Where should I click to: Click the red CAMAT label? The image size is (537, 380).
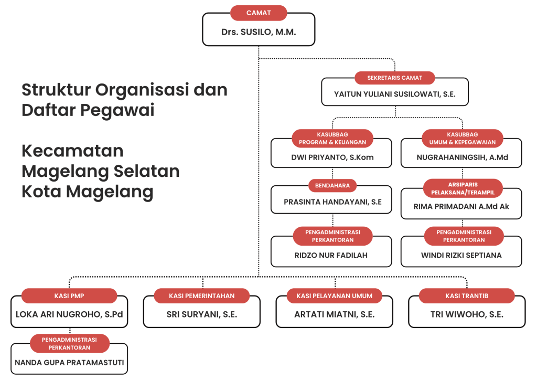tap(259, 13)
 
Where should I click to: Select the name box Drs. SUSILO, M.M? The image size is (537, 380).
tap(259, 32)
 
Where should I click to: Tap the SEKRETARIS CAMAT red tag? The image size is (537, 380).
tap(394, 78)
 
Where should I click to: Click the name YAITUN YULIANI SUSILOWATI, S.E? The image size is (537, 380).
tap(394, 94)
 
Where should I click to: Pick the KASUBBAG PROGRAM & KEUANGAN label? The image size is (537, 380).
tap(331, 139)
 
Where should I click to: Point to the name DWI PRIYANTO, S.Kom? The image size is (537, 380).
tap(332, 157)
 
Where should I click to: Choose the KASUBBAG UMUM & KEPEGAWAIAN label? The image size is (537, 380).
tap(462, 139)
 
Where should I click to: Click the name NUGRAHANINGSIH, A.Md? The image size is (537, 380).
tap(462, 157)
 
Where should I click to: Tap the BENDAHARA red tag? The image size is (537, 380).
tap(332, 185)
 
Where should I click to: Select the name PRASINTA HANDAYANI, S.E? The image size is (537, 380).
tap(332, 202)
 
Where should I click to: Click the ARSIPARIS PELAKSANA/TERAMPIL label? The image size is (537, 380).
tap(463, 188)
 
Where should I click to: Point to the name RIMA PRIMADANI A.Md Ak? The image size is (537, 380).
tap(461, 206)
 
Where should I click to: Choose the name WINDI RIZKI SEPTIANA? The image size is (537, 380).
tap(461, 256)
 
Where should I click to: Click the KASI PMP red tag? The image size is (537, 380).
tap(69, 296)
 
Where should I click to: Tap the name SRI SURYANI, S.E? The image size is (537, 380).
tap(202, 314)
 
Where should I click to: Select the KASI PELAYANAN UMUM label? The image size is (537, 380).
tap(335, 296)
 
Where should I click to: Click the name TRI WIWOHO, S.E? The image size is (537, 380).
tap(467, 314)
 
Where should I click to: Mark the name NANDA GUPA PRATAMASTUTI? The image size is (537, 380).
tap(69, 363)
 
